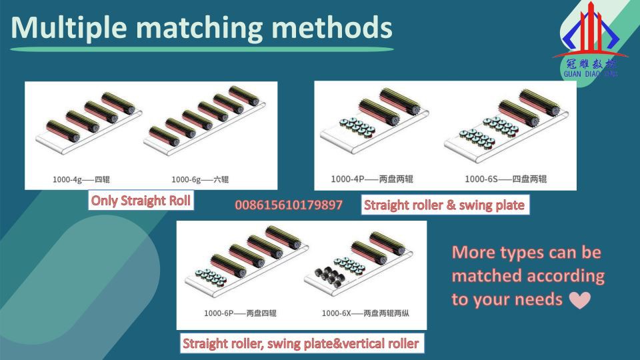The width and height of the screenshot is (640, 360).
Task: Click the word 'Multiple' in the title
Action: (69, 28)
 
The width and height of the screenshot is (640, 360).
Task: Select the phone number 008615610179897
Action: (289, 205)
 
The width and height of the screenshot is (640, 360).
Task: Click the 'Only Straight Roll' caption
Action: (141, 201)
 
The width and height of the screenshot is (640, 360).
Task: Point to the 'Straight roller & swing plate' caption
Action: (445, 205)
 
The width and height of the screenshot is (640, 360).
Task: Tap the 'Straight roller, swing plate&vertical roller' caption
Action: (301, 343)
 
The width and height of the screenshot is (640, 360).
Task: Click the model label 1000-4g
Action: (67, 179)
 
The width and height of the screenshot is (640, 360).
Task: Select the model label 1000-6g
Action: (186, 179)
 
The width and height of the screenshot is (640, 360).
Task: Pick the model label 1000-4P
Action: (347, 179)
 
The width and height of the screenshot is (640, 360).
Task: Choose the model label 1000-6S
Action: (481, 179)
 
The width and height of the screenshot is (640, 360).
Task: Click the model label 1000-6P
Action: (219, 313)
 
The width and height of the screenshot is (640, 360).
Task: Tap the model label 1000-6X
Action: (336, 313)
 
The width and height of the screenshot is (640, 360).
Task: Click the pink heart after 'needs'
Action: (579, 300)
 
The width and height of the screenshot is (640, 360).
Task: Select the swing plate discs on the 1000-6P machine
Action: (210, 276)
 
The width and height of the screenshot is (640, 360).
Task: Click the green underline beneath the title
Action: (201, 49)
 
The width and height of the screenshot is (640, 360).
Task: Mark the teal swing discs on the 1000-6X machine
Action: (349, 265)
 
